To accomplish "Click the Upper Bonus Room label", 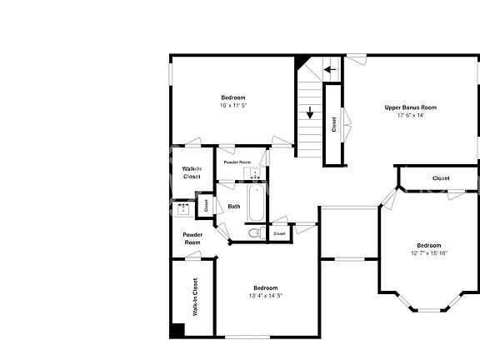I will (x=410, y=107).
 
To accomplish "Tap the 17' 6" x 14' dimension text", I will (x=410, y=116).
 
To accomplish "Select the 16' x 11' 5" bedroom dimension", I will (x=233, y=106).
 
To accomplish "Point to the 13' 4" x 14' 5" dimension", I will (x=266, y=296).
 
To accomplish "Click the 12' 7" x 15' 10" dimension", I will (x=428, y=252).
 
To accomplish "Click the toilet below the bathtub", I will (x=257, y=232).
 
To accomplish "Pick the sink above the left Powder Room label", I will (x=182, y=207).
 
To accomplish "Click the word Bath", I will (x=234, y=206).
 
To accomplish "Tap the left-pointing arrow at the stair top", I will (x=330, y=70).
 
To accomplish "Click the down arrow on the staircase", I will (x=310, y=113).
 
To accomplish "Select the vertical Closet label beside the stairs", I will (x=334, y=124).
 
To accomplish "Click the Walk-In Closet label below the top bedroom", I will (x=192, y=172).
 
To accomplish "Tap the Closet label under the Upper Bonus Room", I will (x=441, y=178).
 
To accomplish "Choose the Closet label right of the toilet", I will (x=279, y=233).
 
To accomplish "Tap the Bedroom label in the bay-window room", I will (x=429, y=245).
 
